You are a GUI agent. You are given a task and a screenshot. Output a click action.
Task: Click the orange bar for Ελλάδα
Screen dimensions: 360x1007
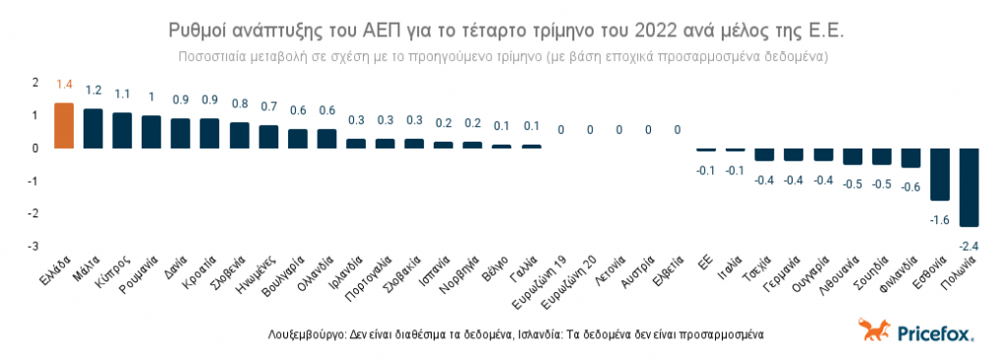(x=64, y=125)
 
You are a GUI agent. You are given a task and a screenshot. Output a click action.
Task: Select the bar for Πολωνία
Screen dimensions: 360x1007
(x=970, y=187)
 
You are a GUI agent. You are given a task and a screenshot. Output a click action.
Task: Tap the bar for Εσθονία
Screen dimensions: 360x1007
(x=940, y=174)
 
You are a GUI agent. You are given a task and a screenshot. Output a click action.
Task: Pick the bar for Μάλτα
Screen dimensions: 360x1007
(x=93, y=128)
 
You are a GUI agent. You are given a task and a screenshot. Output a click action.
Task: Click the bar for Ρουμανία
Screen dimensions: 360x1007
(x=151, y=132)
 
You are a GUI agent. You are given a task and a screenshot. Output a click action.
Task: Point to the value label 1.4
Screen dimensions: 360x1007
(x=64, y=86)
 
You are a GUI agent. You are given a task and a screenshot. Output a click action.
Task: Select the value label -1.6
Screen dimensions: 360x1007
(x=939, y=219)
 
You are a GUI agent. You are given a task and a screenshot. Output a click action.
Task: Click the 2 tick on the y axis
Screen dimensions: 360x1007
(x=35, y=82)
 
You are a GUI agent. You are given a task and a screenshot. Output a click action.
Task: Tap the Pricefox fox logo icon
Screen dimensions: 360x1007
(x=871, y=330)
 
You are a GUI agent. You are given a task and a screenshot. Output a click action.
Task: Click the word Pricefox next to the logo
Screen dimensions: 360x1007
(x=934, y=333)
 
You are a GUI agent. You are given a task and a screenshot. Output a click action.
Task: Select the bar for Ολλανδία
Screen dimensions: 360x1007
(x=327, y=139)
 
